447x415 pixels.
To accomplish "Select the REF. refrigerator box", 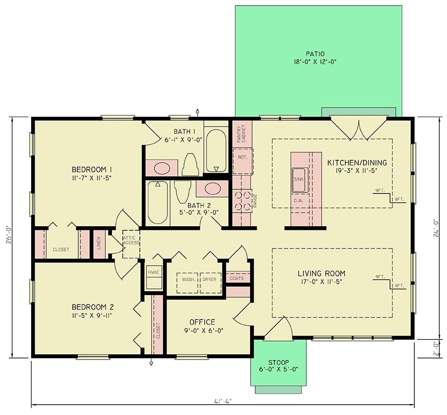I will [x=242, y=157].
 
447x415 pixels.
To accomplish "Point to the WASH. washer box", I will [x=188, y=280].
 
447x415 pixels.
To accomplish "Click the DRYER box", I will [x=209, y=280].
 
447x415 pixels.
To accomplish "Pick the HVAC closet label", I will [x=153, y=272].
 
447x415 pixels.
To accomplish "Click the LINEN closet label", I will [x=99, y=243].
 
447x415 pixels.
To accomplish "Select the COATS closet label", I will [x=236, y=279].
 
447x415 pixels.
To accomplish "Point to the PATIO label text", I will [x=315, y=53].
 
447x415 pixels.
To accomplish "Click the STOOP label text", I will [x=279, y=362].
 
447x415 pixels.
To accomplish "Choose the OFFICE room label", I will [x=202, y=322].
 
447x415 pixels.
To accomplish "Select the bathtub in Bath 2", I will [x=158, y=204].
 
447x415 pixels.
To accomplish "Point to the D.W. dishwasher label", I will [x=299, y=200].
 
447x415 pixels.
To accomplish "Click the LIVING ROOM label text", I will [x=322, y=273].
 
